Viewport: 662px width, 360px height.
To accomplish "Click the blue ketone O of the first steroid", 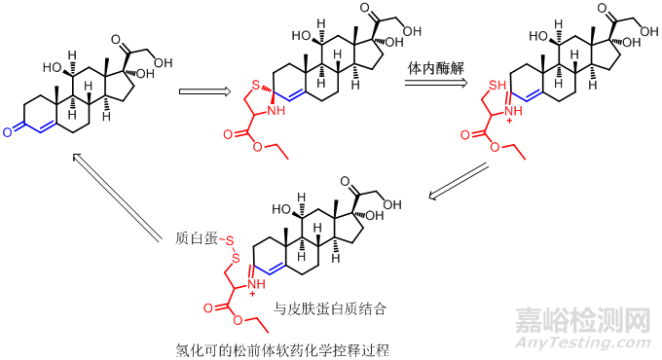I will [7, 129].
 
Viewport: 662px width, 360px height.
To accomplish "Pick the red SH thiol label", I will [496, 87].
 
